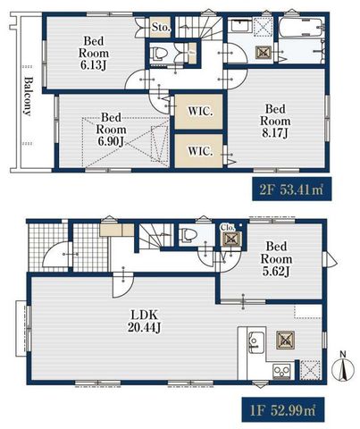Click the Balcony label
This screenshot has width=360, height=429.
pyautogui.click(x=28, y=97)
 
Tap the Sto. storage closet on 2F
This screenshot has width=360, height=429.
pyautogui.click(x=160, y=27)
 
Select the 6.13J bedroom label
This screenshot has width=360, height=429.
pyautogui.click(x=94, y=53)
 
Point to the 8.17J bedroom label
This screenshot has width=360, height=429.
pyautogui.click(x=275, y=121)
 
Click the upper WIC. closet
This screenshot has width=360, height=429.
pyautogui.click(x=199, y=112)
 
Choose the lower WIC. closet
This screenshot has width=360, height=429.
pyautogui.click(x=198, y=151)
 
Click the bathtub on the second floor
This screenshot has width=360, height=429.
pyautogui.click(x=302, y=28)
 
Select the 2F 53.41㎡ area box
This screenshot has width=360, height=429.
pyautogui.click(x=292, y=189)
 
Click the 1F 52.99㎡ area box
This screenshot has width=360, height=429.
pyautogui.click(x=282, y=409)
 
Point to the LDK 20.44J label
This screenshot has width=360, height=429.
pyautogui.click(x=145, y=321)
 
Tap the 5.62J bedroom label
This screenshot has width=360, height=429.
pyautogui.click(x=276, y=258)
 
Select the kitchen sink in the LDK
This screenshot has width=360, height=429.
pyautogui.click(x=256, y=342)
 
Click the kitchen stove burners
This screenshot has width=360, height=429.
pyautogui.click(x=281, y=371)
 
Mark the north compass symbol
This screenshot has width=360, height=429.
pyautogui.click(x=343, y=368)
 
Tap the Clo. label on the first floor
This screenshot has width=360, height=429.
pyautogui.click(x=228, y=227)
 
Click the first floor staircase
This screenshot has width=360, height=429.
pyautogui.click(x=155, y=236)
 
